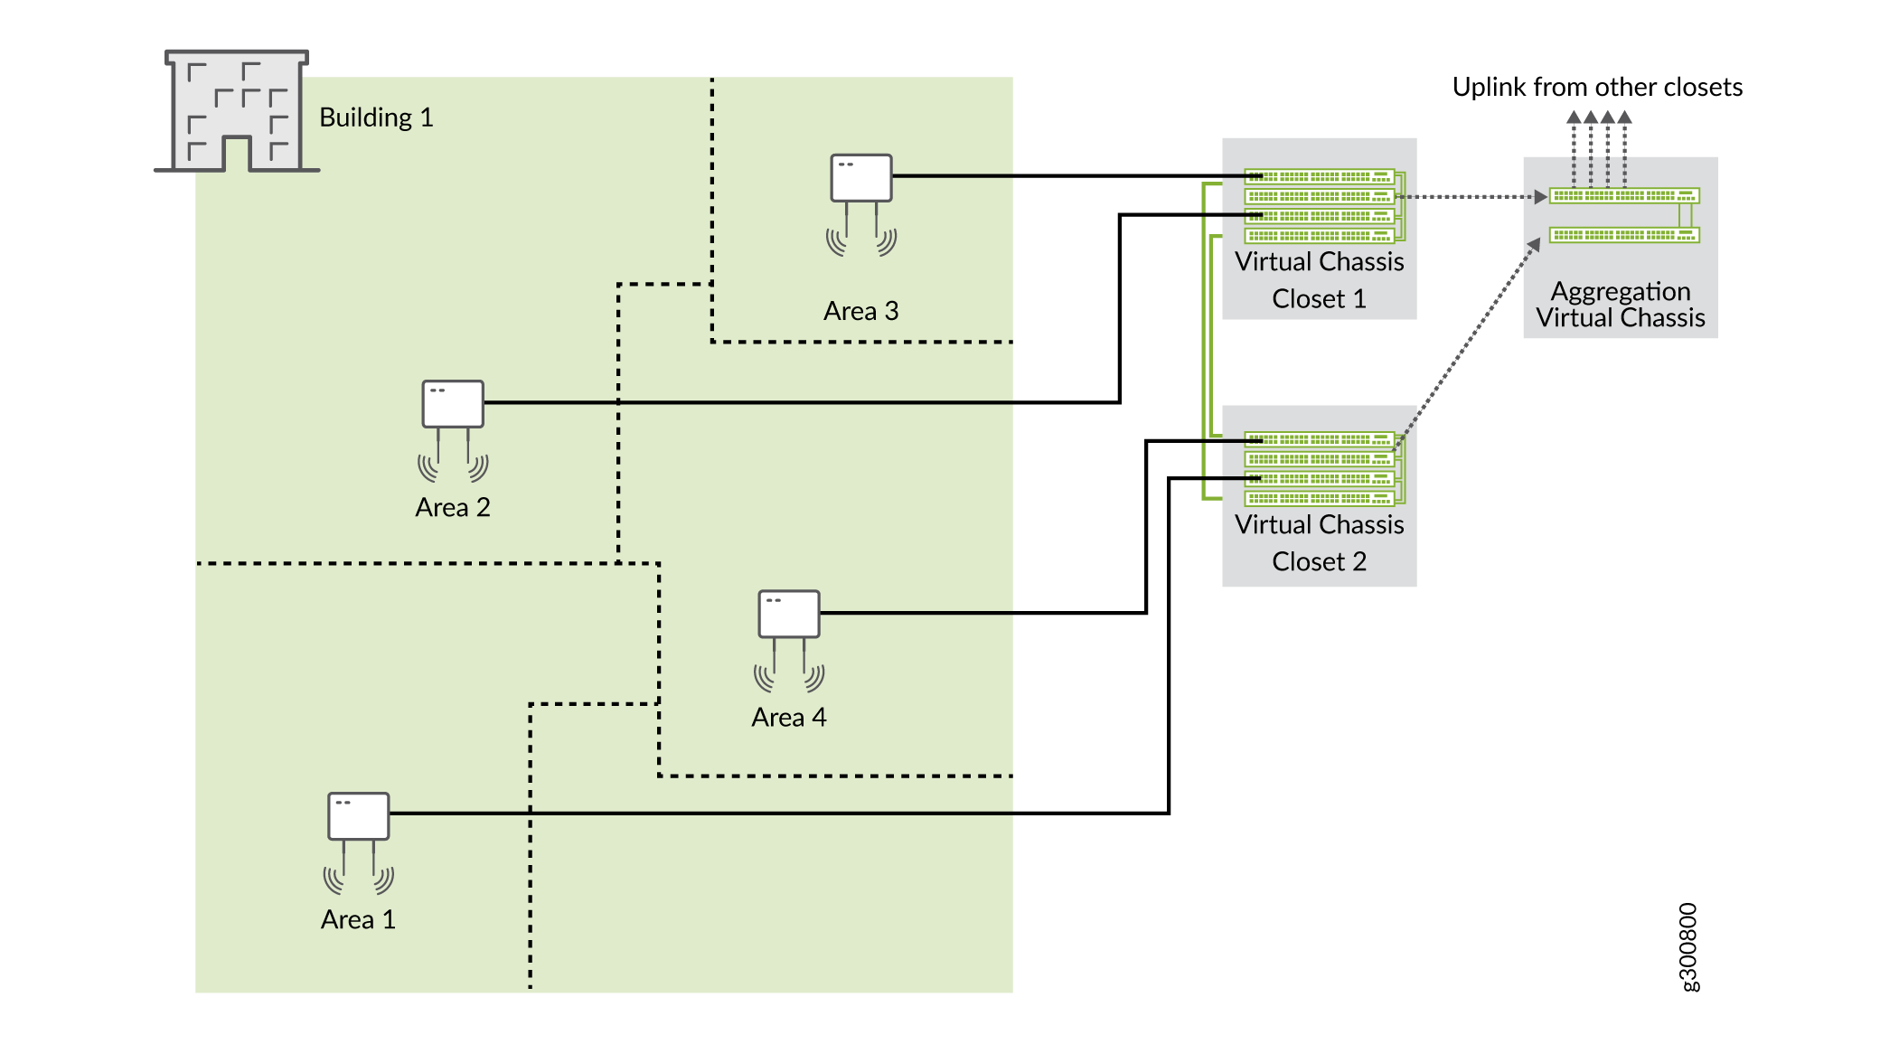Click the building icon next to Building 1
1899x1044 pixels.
pos(237,111)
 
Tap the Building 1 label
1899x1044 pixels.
pos(376,118)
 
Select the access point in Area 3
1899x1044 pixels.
pos(860,178)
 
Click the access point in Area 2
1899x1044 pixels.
pos(453,404)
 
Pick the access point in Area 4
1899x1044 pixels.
pos(788,615)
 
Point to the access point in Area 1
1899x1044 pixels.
pos(358,816)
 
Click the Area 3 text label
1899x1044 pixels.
pos(860,311)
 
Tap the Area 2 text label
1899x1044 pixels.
pos(452,507)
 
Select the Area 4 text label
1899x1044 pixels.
pos(788,718)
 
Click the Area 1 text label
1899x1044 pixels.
pos(358,920)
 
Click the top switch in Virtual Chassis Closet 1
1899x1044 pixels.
pos(1320,176)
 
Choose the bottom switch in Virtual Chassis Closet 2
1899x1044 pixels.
pos(1320,498)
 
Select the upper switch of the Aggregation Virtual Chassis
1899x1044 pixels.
pos(1623,195)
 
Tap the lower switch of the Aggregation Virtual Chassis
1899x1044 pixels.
pos(1623,235)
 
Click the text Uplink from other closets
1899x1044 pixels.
pos(1596,87)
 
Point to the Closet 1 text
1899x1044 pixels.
pos(1319,299)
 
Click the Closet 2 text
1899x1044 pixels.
pos(1319,562)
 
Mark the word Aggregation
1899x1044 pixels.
pos(1620,291)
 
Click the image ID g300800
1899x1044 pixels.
pos(1688,946)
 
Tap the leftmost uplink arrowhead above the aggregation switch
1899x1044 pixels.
pos(1574,118)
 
